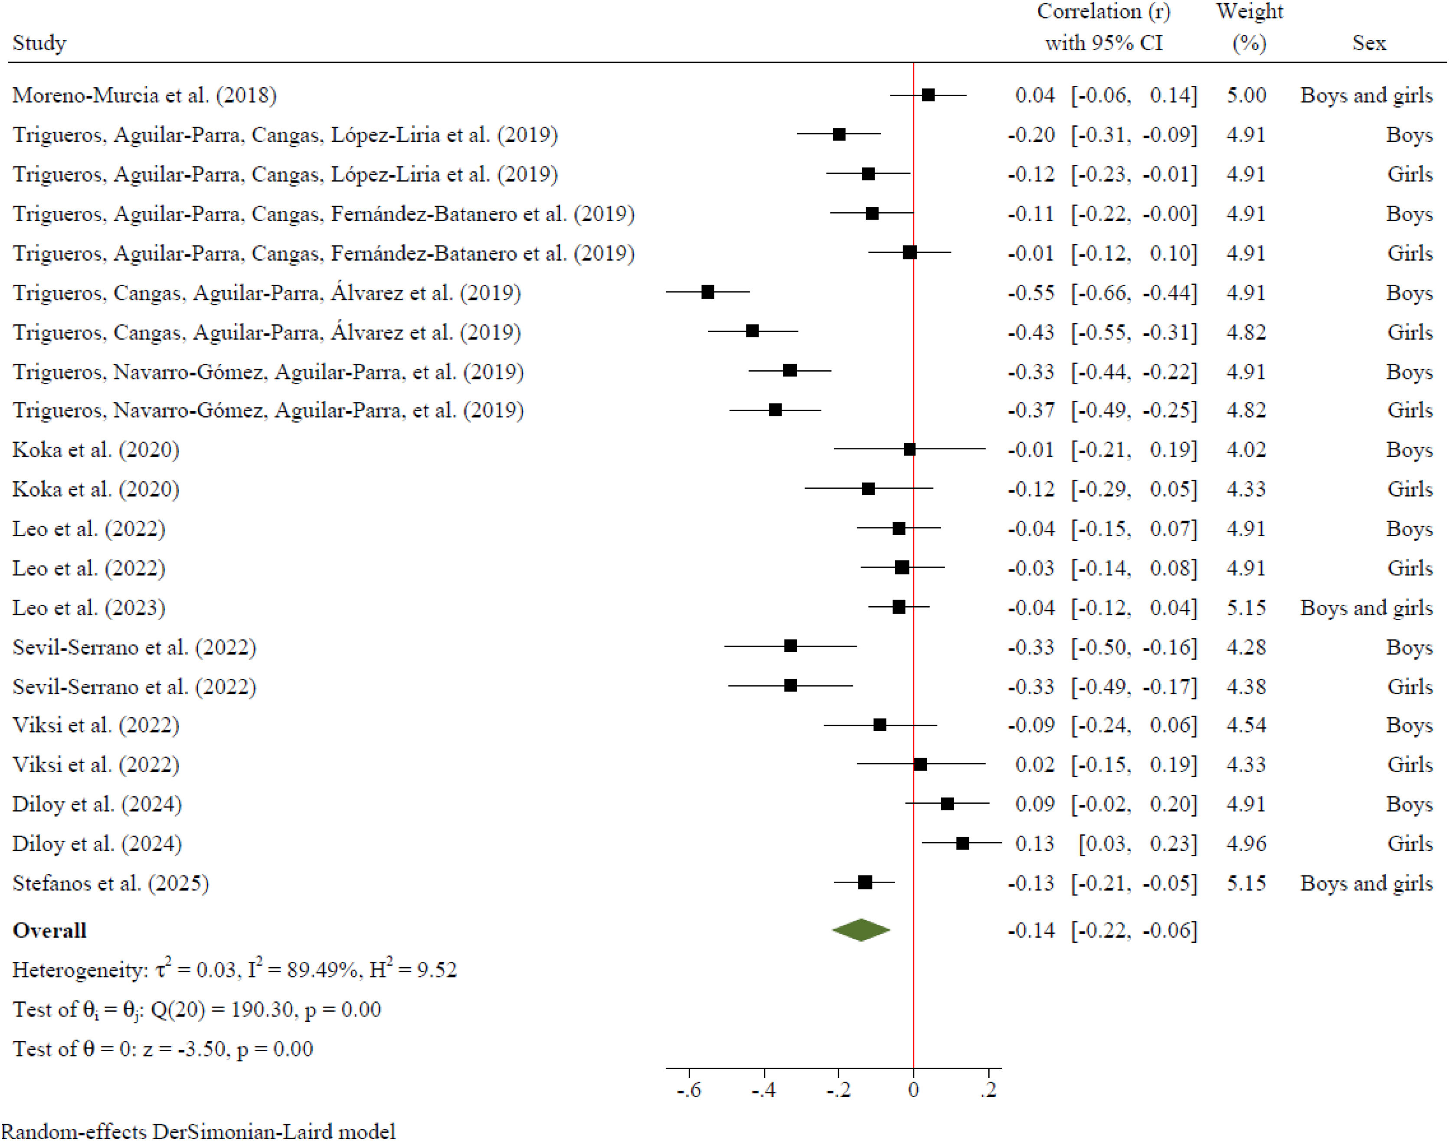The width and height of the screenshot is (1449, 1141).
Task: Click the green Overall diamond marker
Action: point(861,930)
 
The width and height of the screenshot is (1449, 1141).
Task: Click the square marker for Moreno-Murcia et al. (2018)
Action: point(928,95)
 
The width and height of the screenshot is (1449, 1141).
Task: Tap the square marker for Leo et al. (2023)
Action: point(899,607)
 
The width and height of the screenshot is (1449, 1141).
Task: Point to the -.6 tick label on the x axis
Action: point(689,1090)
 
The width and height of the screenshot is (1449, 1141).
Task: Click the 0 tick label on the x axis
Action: point(913,1090)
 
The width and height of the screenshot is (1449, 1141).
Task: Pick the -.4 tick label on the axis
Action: point(764,1090)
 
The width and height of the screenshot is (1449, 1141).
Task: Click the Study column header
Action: point(39,43)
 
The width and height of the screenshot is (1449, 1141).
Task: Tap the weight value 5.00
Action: point(1246,95)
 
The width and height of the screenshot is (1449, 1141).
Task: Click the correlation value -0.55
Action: point(1031,293)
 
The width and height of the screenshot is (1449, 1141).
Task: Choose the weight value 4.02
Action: point(1246,450)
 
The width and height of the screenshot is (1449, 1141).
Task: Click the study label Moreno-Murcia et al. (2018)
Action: point(144,95)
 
